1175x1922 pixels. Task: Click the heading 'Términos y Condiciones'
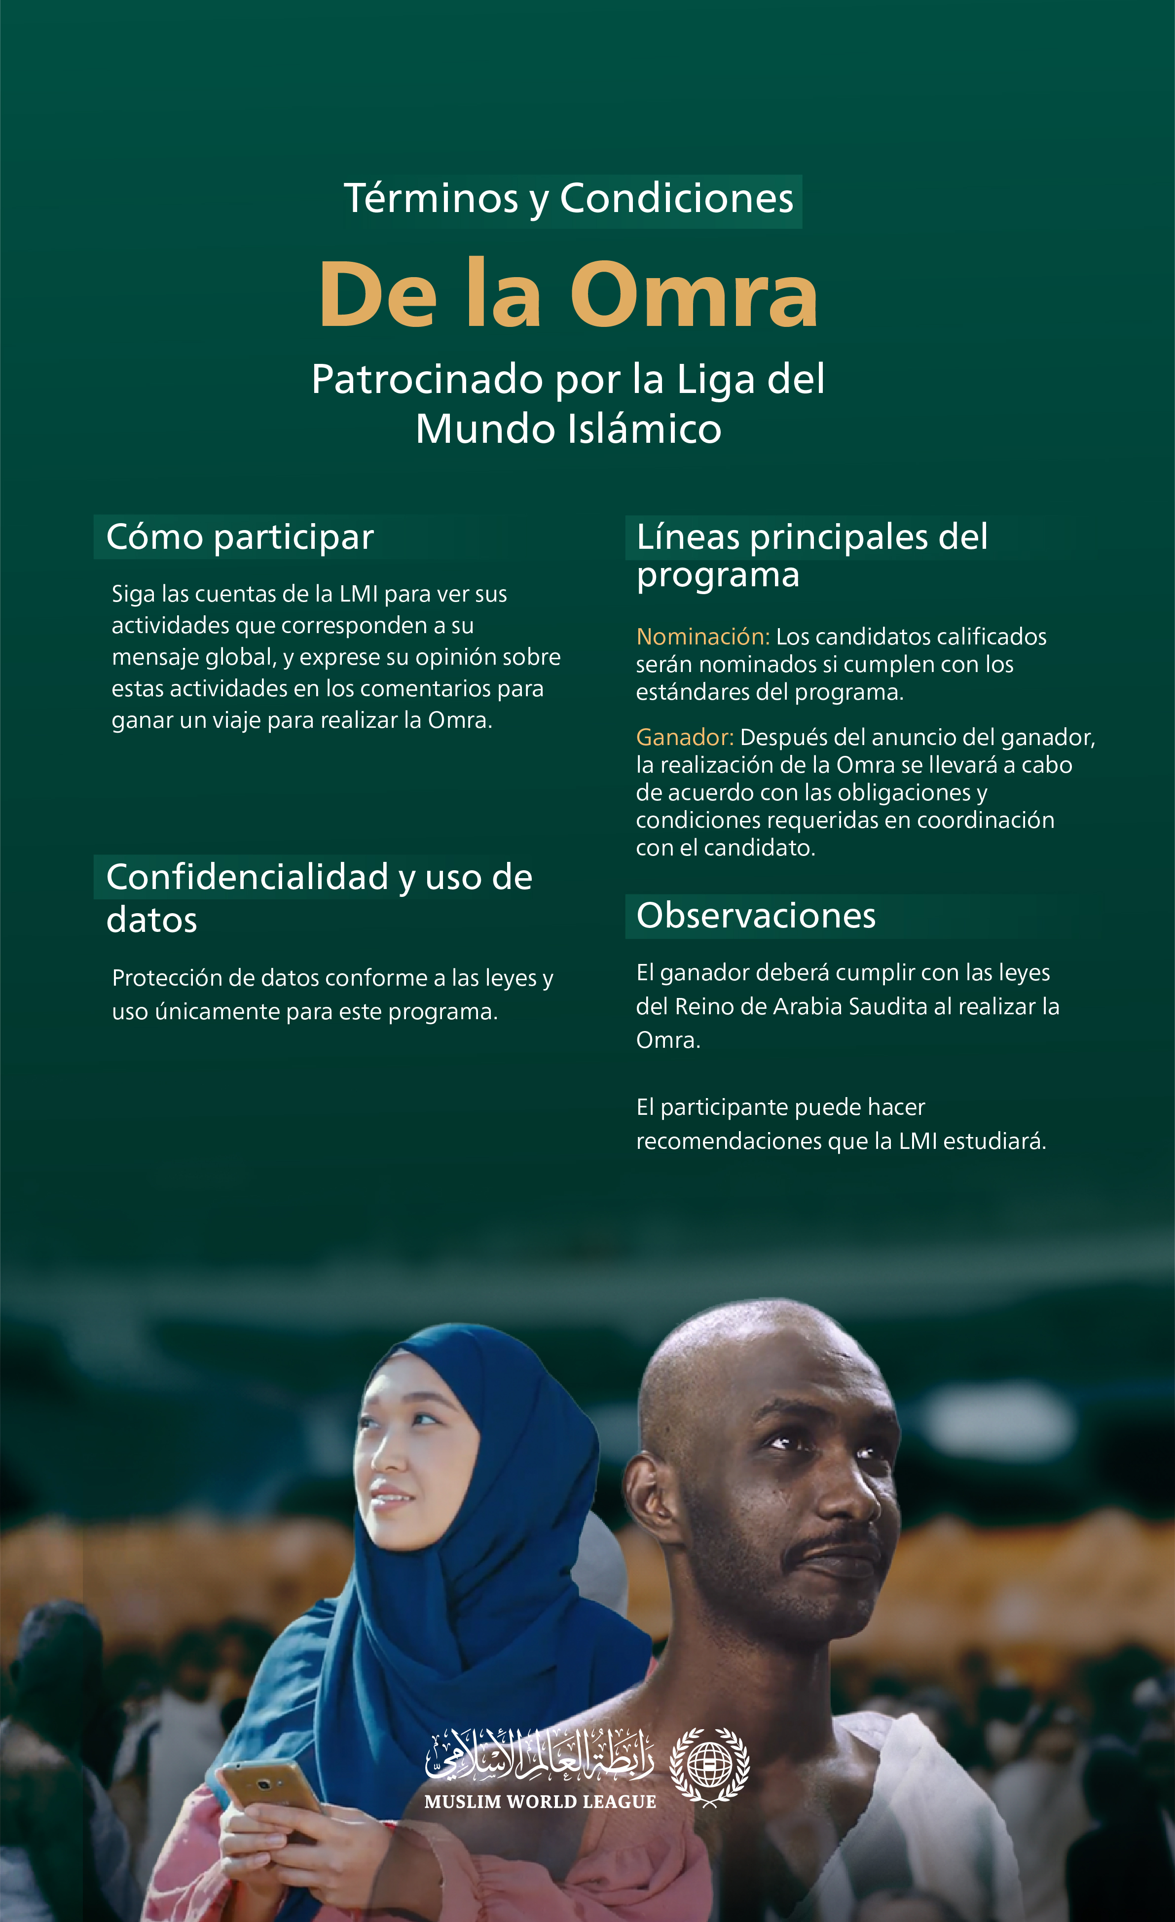(569, 199)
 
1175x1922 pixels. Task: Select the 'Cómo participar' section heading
(240, 537)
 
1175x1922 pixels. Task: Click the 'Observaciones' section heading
(755, 916)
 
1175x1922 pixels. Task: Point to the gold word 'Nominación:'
(702, 637)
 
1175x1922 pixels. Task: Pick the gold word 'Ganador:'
(684, 737)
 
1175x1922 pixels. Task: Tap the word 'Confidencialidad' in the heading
(247, 878)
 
